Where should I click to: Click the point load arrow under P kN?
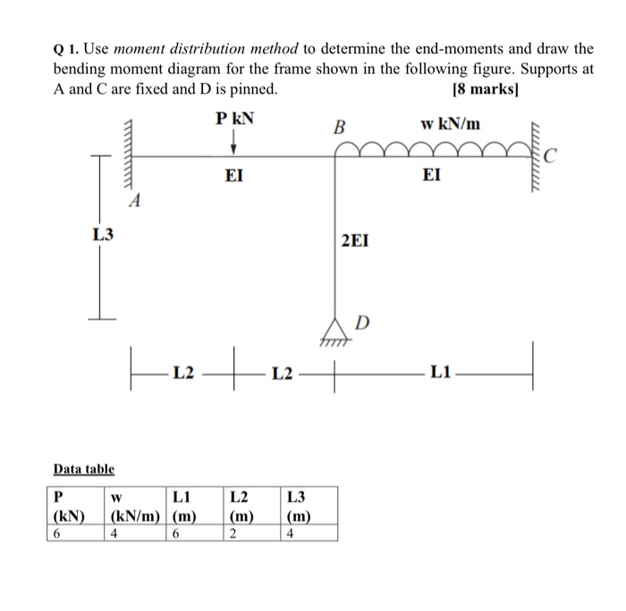[x=233, y=143]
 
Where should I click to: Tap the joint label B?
[x=338, y=128]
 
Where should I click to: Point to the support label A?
[x=134, y=202]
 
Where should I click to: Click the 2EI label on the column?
[x=354, y=240]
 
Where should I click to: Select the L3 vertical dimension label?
[x=103, y=235]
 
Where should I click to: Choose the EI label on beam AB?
[x=233, y=177]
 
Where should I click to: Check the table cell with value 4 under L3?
[x=288, y=532]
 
